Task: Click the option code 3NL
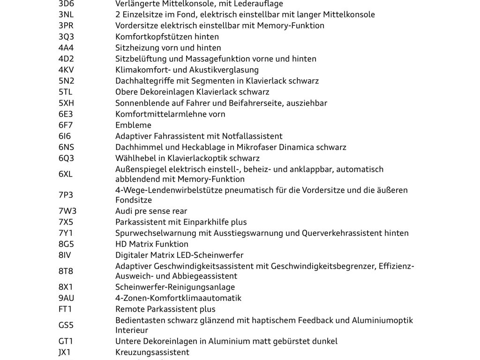(66, 15)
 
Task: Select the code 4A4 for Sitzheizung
(66, 48)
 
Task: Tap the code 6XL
(66, 174)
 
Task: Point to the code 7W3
(67, 211)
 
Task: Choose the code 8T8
(66, 271)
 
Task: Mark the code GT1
(66, 341)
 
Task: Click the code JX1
(66, 352)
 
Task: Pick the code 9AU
(66, 298)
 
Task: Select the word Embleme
(134, 125)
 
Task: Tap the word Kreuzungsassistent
(152, 352)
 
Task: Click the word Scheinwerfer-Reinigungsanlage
(175, 287)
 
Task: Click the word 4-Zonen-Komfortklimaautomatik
(179, 298)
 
